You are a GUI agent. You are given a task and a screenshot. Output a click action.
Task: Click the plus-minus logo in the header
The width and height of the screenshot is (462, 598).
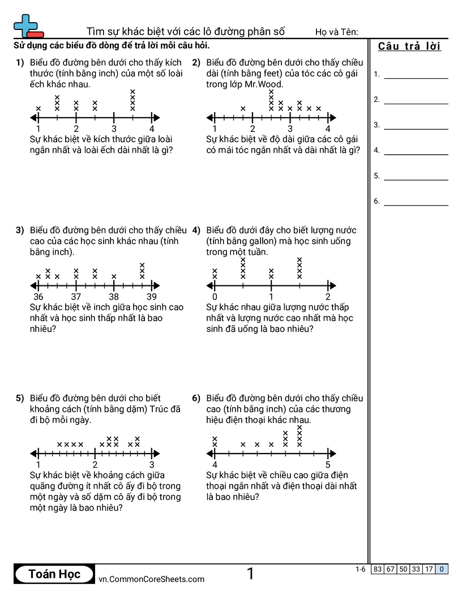coord(28,26)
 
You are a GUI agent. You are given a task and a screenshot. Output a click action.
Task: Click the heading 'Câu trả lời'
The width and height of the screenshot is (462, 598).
coord(409,46)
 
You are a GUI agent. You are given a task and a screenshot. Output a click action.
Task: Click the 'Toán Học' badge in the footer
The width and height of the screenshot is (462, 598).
coord(54,574)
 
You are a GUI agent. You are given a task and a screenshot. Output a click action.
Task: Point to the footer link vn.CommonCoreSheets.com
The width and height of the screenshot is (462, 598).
coord(151,579)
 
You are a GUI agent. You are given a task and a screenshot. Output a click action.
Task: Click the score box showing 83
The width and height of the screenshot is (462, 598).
coord(378,569)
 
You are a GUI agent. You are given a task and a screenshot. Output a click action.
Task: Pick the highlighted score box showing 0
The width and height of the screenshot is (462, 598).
coord(442,569)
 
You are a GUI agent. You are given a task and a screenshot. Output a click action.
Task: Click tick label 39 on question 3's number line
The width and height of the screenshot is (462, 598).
coord(152,297)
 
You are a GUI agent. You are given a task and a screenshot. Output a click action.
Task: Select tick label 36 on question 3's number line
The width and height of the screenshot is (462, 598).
coord(38,297)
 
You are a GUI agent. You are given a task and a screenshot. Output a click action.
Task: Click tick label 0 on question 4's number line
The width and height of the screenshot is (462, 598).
coord(215,297)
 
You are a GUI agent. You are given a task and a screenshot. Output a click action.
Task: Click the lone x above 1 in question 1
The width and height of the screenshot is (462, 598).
coord(38,109)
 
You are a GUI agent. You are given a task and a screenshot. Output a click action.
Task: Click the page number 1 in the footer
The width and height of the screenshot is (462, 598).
coord(250,574)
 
